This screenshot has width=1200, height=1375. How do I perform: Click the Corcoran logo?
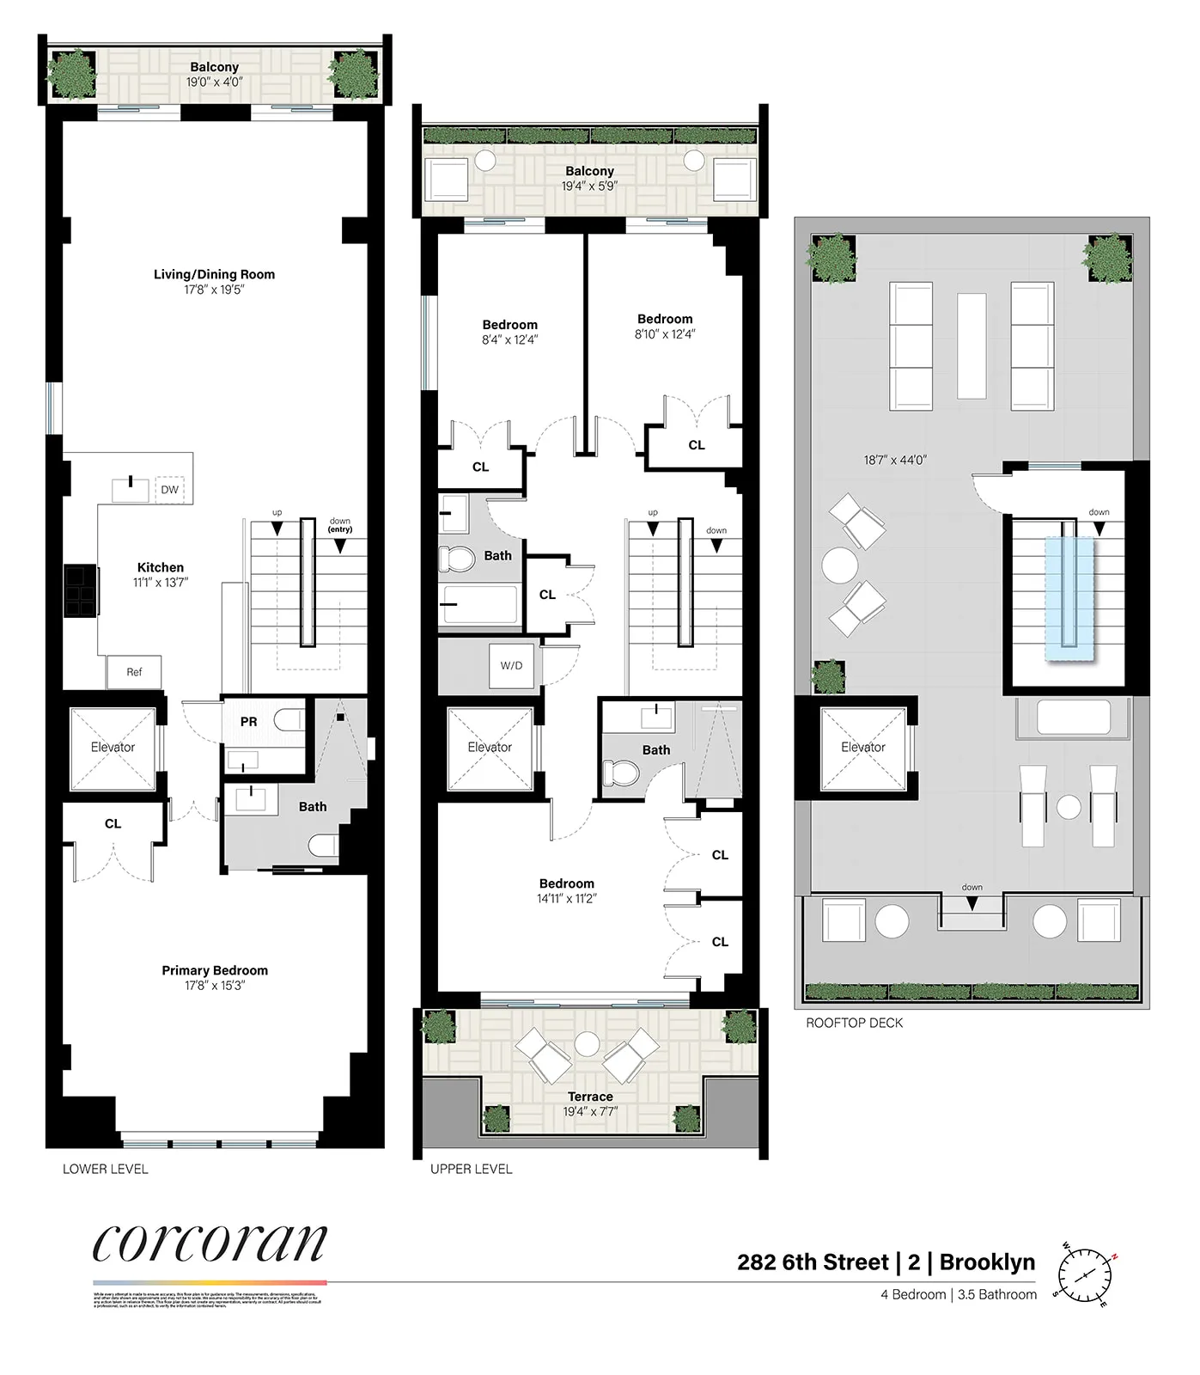click(210, 1243)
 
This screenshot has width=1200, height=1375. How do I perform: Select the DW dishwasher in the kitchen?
click(170, 490)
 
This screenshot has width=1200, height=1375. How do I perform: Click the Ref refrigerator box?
click(134, 672)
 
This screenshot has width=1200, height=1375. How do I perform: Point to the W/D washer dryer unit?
click(511, 665)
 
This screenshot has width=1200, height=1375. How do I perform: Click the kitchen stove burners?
click(81, 590)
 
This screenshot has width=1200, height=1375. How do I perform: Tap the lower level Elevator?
click(113, 748)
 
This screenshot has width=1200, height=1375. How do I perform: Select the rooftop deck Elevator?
click(862, 748)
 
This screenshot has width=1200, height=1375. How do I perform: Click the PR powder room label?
click(248, 722)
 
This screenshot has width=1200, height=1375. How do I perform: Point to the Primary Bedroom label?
click(215, 970)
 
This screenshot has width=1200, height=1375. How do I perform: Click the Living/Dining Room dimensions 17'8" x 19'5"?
click(215, 290)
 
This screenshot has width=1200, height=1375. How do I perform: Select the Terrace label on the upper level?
click(590, 1097)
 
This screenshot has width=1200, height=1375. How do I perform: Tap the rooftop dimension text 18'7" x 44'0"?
click(895, 460)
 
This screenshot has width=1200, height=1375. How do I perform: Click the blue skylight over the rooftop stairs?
click(1069, 598)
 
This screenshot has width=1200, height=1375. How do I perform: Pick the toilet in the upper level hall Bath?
click(456, 559)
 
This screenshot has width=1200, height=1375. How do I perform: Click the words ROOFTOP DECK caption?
click(854, 1023)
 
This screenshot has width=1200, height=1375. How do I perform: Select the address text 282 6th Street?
click(813, 1262)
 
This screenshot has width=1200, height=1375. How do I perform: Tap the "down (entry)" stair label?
click(340, 525)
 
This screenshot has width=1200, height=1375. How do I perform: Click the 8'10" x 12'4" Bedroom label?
click(665, 327)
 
